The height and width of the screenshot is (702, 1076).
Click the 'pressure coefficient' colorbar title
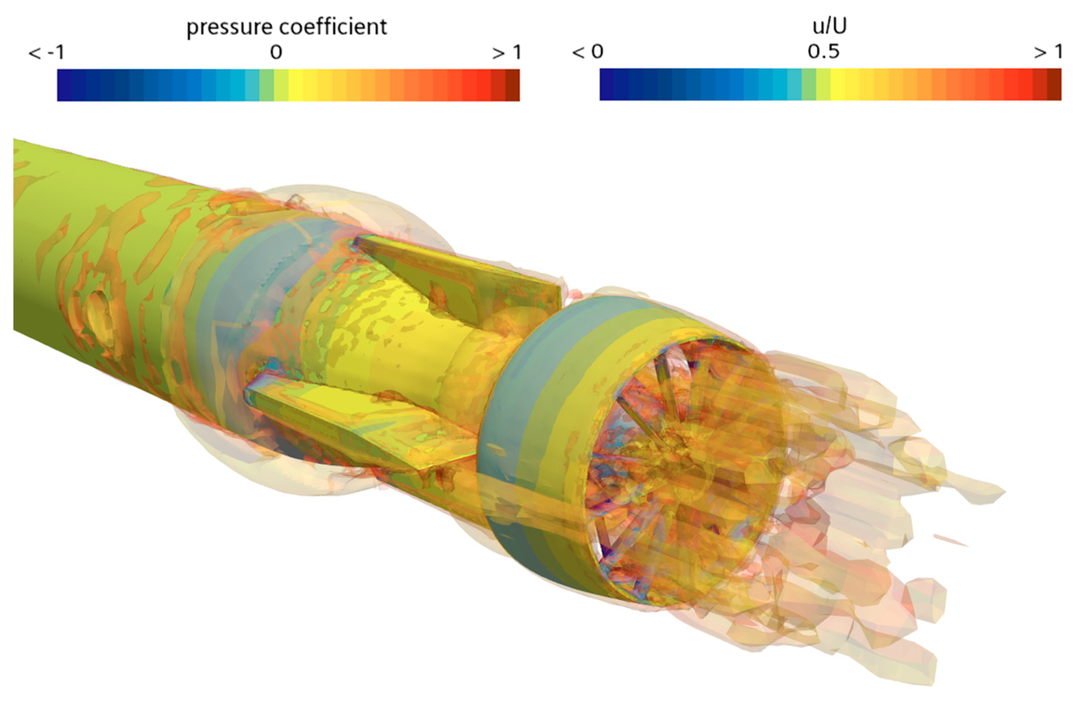click(287, 27)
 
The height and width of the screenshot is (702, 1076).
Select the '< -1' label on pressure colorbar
click(46, 53)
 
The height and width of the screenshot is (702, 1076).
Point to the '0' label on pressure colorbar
click(276, 53)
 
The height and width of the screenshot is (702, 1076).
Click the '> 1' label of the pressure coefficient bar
click(507, 53)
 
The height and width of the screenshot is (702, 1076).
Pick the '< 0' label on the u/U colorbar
click(588, 52)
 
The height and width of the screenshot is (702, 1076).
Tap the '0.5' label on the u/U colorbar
click(824, 52)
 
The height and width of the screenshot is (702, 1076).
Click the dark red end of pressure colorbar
click(512, 85)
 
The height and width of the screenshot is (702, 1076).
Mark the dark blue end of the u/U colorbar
click(607, 85)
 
